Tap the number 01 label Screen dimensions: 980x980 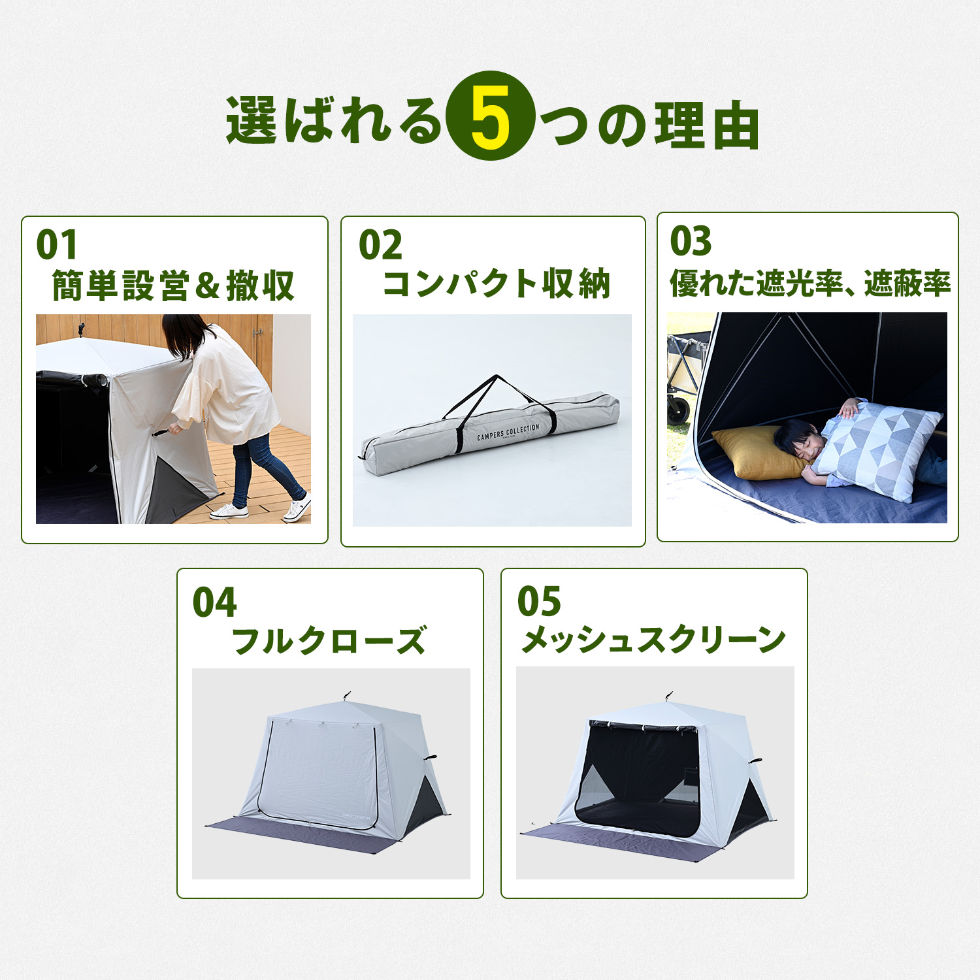[57, 245]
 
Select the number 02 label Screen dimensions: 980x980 [380, 245]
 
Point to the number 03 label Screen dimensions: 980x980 [691, 241]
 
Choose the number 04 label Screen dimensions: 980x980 [214, 602]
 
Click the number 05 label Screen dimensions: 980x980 [539, 601]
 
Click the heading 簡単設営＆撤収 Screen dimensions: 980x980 [174, 286]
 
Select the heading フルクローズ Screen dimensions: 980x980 [329, 640]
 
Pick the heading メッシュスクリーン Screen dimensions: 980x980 [653, 639]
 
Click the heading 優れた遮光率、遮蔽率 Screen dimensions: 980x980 [810, 283]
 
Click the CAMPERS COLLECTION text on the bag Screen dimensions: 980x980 [508, 433]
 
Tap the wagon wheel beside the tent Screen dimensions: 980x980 [679, 410]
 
